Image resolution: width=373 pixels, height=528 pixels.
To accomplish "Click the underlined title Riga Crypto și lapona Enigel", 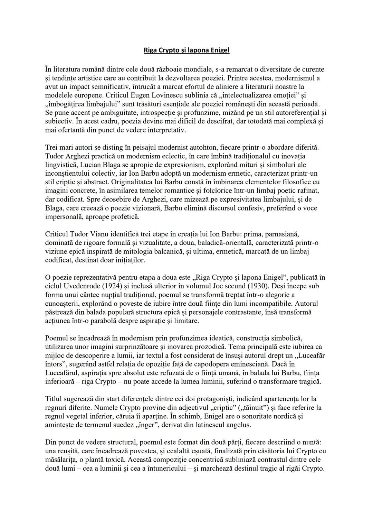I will (x=186, y=50).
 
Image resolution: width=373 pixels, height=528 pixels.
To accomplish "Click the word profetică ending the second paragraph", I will (x=124, y=217).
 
